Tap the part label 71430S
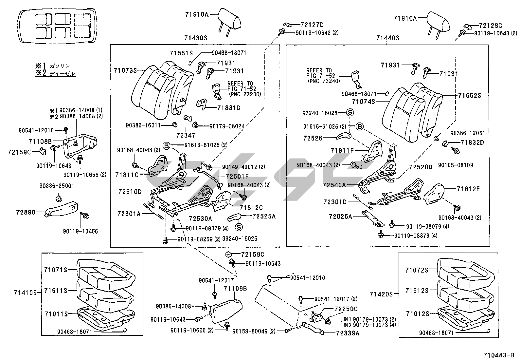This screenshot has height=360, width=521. pos(195,38)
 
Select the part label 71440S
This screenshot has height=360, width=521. pos(387,38)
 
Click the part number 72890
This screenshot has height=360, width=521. pos(26,213)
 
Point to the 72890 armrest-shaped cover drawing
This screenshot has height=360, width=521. pos(62,209)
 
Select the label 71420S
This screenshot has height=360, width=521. pos(381,294)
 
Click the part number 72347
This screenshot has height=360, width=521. pos(186,135)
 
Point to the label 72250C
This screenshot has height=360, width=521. pos(346,309)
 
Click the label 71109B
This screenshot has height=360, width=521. pos(235,289)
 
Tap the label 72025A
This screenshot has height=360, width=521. pos(340,216)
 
